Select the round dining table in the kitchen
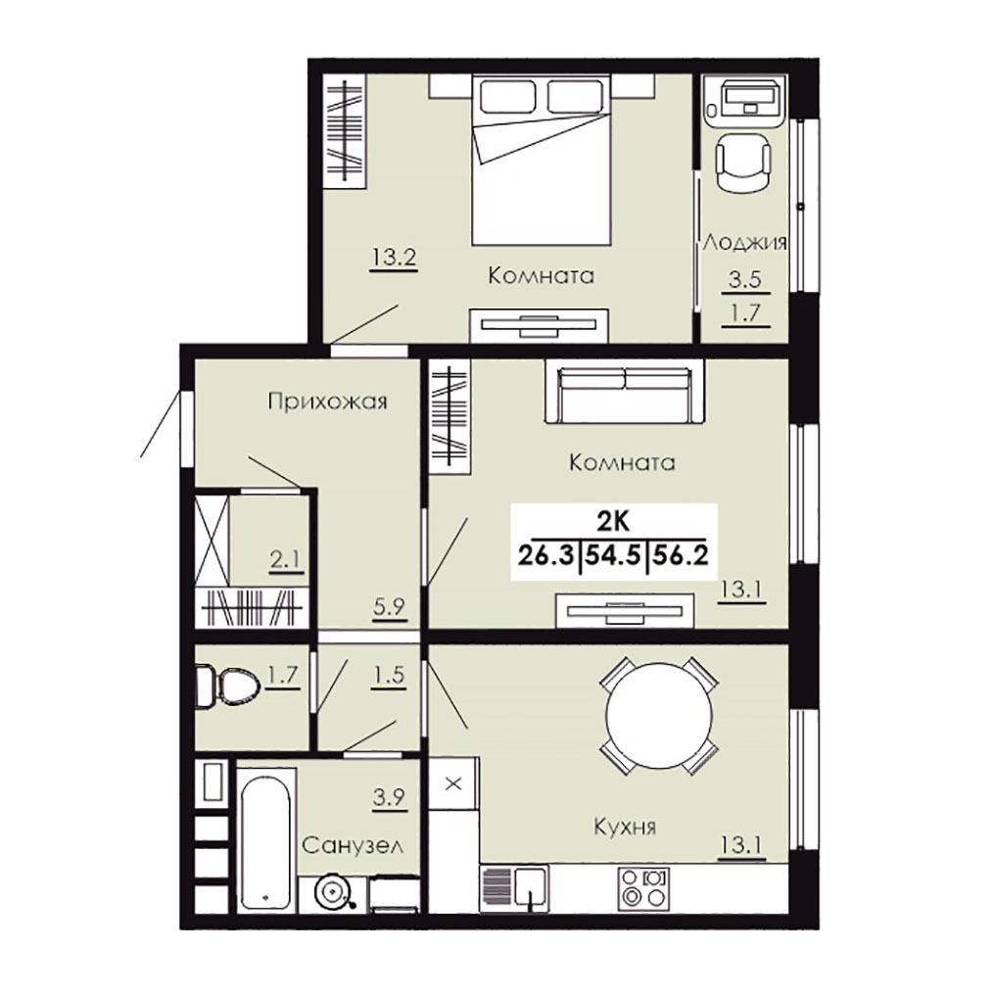tap(659, 715)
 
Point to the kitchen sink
tap(514, 889)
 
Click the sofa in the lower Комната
tap(625, 391)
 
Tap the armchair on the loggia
tap(743, 164)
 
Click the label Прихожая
tap(327, 403)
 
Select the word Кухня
tap(625, 827)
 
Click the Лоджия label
tap(744, 242)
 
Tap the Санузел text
tap(353, 845)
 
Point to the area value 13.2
tap(394, 258)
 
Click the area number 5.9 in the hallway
tap(389, 606)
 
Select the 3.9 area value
tap(389, 796)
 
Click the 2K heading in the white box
tap(612, 521)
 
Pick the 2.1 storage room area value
tap(286, 559)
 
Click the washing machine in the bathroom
tap(332, 893)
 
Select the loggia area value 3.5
tap(745, 279)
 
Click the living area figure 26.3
tap(547, 555)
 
